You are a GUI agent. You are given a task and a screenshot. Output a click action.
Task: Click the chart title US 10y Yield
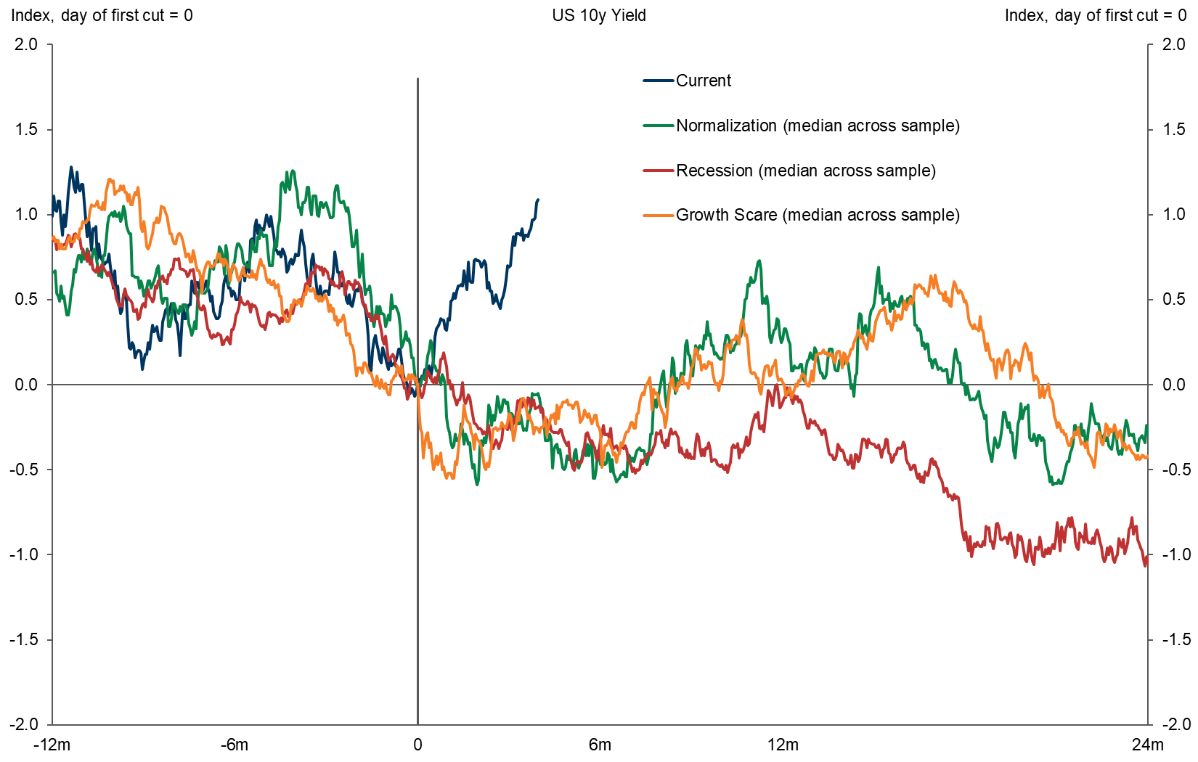[x=598, y=15]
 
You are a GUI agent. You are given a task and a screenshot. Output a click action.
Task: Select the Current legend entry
[x=703, y=81]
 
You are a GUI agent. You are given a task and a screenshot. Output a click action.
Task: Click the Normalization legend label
[x=818, y=126]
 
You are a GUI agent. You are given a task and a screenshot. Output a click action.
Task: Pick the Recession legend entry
[x=805, y=171]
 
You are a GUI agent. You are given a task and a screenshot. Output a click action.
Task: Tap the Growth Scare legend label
[x=818, y=215]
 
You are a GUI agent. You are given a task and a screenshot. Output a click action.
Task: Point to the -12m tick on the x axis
[x=52, y=745]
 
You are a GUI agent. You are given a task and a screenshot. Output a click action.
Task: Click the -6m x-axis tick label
[x=235, y=745]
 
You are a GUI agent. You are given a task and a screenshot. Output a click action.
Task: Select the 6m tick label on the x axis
[x=600, y=745]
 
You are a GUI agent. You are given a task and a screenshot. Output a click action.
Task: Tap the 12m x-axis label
[x=783, y=745]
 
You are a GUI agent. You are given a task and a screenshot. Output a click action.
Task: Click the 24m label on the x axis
[x=1147, y=745]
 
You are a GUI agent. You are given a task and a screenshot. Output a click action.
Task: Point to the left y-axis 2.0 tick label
[x=25, y=44]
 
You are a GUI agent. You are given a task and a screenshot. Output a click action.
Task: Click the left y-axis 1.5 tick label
[x=25, y=129]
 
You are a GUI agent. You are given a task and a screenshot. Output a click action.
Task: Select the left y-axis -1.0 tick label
[x=23, y=554]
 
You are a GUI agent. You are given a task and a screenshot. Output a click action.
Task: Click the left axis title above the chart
[x=102, y=15]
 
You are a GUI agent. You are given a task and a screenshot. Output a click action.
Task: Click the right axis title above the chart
[x=1095, y=15]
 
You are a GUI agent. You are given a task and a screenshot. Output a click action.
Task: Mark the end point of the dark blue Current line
[x=537, y=200]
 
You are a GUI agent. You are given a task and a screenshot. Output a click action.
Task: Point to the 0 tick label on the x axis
[x=417, y=745]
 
